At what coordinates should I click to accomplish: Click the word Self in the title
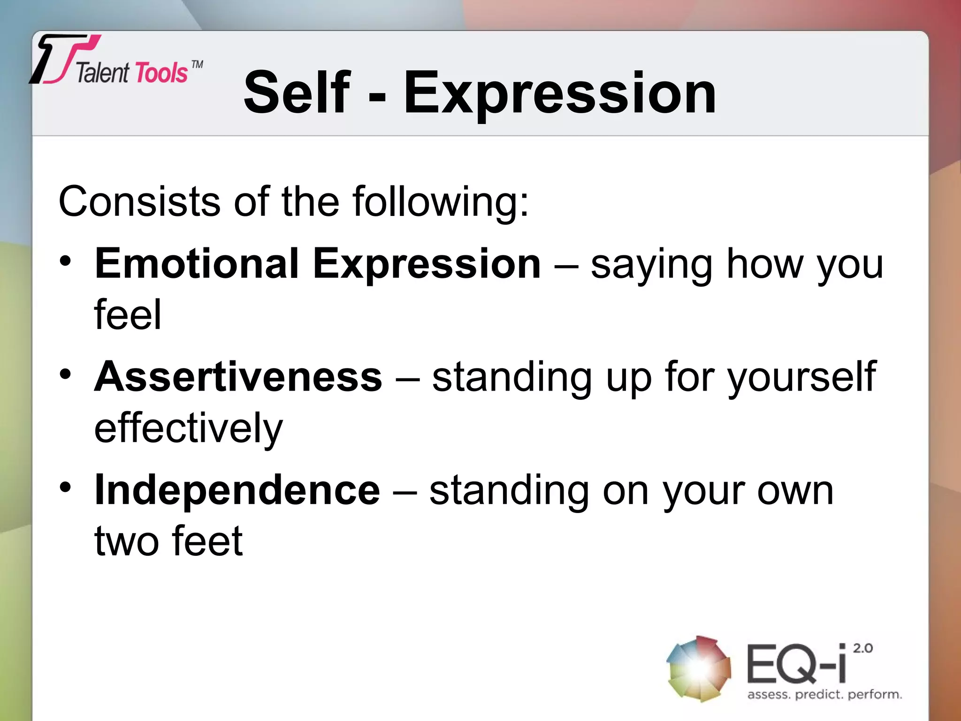pos(297,92)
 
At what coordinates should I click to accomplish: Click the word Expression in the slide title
pos(559,92)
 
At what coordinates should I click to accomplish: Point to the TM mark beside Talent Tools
pos(198,64)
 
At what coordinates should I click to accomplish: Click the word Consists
pos(139,202)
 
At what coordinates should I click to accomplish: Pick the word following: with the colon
pos(441,202)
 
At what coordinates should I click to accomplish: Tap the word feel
pos(128,315)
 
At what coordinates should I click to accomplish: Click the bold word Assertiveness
pos(238,377)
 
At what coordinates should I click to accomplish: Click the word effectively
pos(188,428)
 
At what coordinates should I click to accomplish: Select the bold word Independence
pos(237,491)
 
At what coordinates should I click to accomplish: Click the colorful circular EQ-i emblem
pos(698,668)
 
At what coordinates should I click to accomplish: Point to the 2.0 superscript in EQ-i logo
pos(862,648)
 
